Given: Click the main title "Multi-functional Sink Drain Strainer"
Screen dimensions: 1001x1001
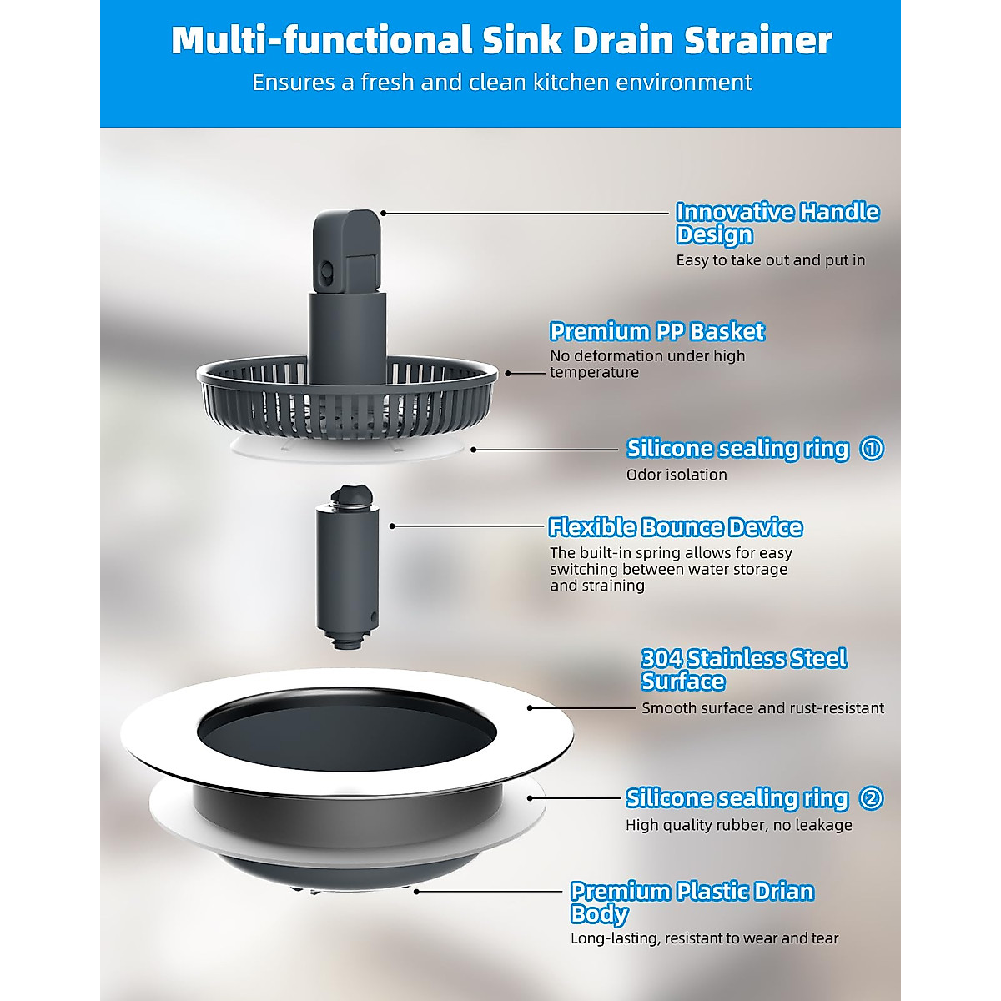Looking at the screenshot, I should (501, 40).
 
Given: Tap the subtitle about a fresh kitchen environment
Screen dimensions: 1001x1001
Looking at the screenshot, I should (501, 83).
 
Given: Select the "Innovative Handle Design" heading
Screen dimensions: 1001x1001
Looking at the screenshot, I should (777, 223).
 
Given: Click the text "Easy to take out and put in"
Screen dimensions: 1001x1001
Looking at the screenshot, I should (770, 260).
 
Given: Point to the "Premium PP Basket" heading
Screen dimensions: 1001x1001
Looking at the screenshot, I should (656, 331).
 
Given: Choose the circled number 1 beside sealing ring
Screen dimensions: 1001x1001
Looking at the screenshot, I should (872, 449).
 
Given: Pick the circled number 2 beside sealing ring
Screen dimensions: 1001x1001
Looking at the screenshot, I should (871, 798).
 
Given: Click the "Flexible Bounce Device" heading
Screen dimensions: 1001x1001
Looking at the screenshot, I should (676, 527).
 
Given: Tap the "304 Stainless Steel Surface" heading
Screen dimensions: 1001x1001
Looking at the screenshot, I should (743, 670).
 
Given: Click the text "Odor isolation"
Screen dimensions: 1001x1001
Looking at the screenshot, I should (677, 475).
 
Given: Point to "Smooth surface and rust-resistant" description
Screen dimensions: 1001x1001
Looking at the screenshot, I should (762, 708).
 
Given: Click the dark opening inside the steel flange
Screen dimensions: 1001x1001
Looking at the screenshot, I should (347, 732).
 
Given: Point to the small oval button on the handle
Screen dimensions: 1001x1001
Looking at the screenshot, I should (327, 270).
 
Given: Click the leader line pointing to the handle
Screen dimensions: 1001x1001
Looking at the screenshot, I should (526, 214).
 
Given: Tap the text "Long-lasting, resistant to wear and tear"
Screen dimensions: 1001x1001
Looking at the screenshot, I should (704, 938).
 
